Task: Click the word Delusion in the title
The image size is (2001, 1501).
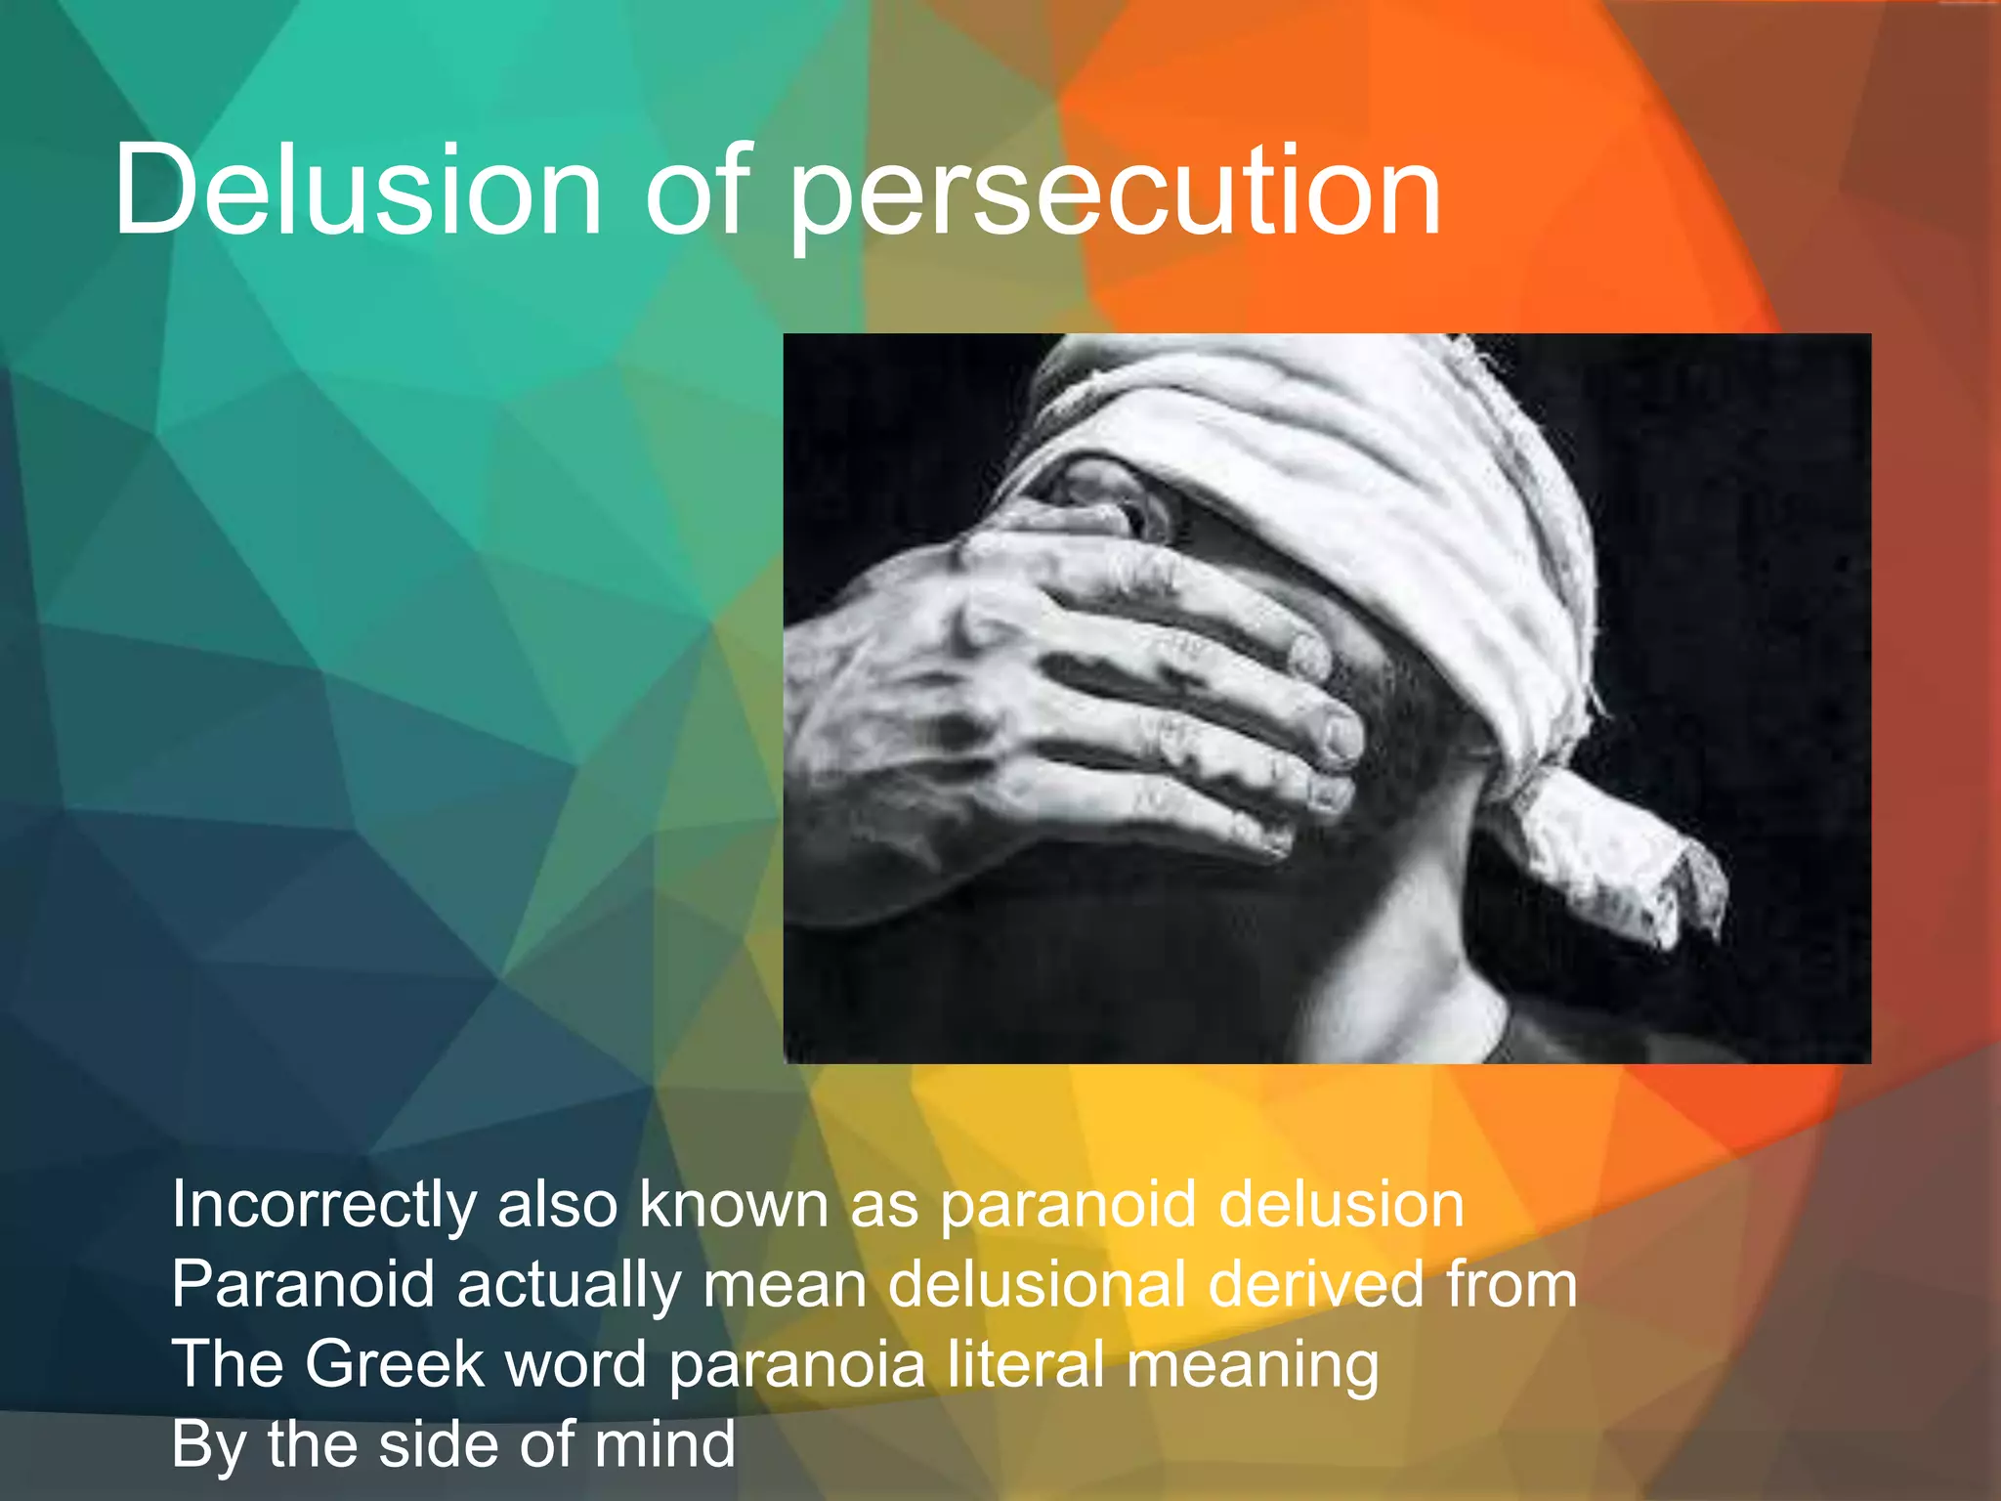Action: tap(358, 191)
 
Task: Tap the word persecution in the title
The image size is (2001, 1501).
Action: tap(1115, 195)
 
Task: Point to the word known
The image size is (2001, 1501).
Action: tap(733, 1204)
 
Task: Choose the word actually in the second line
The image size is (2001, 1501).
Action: tap(569, 1284)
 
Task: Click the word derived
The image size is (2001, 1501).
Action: tap(1317, 1284)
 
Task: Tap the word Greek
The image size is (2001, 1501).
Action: tap(395, 1364)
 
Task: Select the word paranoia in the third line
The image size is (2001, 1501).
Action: tap(796, 1366)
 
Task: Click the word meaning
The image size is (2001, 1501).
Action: tap(1253, 1366)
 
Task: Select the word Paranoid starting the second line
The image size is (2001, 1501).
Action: tap(303, 1284)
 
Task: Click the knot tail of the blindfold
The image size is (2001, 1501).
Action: tap(1622, 860)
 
